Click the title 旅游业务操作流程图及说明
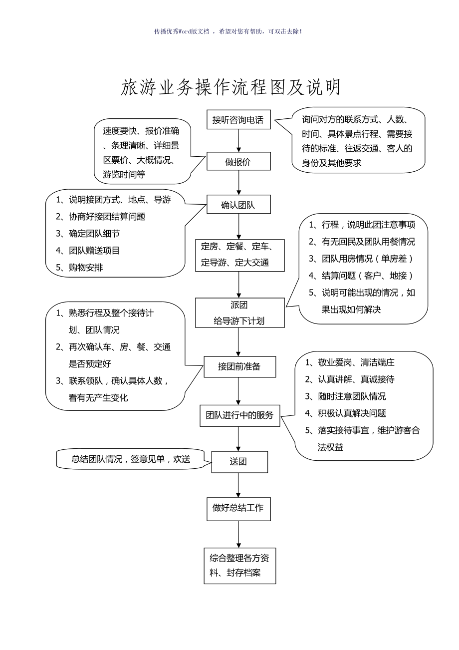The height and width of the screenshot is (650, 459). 230,88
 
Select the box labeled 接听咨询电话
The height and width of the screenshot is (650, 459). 238,120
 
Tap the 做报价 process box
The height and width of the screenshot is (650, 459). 238,161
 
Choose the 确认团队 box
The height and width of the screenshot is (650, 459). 238,204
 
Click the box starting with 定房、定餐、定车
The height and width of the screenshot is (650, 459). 239,255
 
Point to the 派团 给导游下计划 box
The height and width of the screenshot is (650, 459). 239,313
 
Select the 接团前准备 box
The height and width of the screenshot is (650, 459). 239,366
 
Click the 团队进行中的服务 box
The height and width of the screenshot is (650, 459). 240,415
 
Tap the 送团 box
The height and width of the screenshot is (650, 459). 239,462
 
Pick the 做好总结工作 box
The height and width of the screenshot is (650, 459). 238,509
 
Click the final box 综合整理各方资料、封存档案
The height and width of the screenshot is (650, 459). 239,566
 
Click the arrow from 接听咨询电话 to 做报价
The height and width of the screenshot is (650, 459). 239,141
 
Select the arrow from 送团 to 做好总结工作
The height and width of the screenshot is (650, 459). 238,485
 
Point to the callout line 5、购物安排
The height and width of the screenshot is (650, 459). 80,268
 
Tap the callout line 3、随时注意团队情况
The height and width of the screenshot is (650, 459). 346,396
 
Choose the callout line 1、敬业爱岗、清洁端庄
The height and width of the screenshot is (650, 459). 350,362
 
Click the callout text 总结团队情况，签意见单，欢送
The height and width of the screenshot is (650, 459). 131,459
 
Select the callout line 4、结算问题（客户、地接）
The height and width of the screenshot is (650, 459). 361,276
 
